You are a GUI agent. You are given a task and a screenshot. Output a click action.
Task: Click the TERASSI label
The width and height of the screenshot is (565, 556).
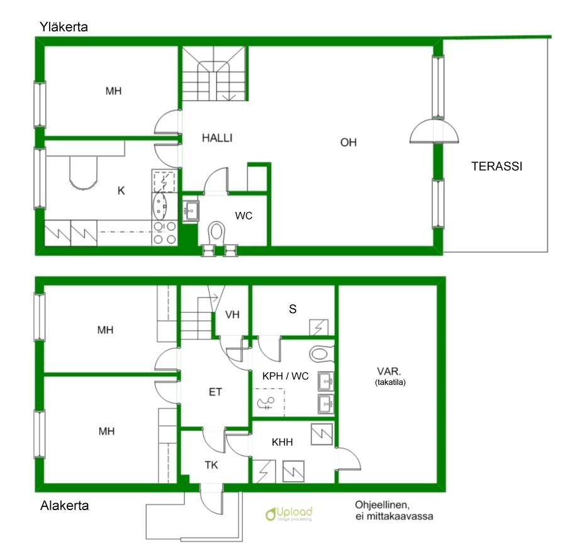496,166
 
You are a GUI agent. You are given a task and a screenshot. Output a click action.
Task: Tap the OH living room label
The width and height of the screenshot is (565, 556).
349,142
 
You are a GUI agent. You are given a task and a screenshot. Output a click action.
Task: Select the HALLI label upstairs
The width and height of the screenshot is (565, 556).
217,138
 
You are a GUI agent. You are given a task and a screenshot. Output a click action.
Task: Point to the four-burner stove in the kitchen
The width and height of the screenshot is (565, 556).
165,233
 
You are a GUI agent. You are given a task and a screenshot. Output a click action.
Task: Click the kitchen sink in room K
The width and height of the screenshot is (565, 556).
159,206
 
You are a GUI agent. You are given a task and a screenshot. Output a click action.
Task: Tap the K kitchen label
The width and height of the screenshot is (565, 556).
121,191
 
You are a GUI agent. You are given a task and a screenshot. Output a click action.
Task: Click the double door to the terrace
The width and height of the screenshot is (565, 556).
434,131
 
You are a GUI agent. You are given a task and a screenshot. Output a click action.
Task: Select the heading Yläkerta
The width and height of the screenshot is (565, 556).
64,27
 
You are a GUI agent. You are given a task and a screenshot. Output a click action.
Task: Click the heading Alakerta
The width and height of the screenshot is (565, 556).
65,505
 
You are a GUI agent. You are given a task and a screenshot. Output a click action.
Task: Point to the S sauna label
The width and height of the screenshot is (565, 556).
293,309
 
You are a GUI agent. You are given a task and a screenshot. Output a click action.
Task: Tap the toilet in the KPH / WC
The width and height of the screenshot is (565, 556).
322,353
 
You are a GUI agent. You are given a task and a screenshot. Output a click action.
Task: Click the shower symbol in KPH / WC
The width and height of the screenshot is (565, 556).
266,403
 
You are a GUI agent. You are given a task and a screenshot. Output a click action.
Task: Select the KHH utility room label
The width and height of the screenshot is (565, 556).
282,442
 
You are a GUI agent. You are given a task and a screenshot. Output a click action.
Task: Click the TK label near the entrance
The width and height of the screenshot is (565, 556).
211,465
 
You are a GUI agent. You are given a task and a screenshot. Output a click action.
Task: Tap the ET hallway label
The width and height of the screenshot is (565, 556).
215,392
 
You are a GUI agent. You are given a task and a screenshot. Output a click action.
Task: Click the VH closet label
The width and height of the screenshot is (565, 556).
232,314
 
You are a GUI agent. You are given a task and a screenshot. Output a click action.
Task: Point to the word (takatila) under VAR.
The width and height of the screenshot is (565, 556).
390,382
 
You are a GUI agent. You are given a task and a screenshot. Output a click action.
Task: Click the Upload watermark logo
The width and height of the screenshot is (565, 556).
289,513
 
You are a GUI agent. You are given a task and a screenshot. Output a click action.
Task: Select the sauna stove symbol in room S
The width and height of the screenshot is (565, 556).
319,327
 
